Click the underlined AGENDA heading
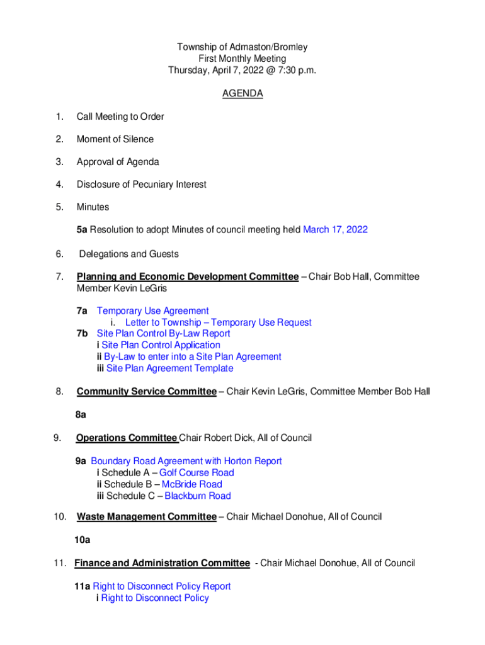243,94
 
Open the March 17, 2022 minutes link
335,230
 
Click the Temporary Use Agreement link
152,311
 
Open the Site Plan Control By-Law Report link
163,334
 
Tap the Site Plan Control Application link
161,345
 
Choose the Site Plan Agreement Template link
169,368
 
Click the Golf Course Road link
197,473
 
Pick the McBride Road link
192,484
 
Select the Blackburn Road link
198,496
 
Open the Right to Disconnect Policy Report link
162,586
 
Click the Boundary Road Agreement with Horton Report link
186,461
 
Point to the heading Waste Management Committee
146,517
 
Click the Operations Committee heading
127,438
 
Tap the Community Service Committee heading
146,392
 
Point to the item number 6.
59,254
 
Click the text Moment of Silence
115,139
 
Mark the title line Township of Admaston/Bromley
242,47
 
